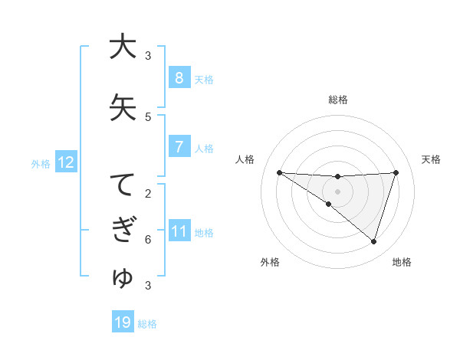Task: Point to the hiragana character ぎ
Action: (122, 231)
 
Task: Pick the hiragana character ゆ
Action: (122, 278)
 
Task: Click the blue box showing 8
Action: (179, 78)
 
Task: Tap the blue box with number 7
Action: (179, 147)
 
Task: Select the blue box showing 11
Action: (179, 231)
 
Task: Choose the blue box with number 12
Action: (65, 162)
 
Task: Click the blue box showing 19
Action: (123, 322)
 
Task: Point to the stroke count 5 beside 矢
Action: (148, 117)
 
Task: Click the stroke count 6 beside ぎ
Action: (148, 240)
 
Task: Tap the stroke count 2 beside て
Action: (148, 194)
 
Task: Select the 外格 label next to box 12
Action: (41, 163)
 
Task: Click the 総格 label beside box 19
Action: (147, 323)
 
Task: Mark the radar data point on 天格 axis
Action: (396, 172)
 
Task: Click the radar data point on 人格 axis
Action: (279, 172)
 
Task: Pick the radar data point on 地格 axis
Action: (373, 241)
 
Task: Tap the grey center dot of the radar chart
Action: (337, 191)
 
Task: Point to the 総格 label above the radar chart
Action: (337, 100)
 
